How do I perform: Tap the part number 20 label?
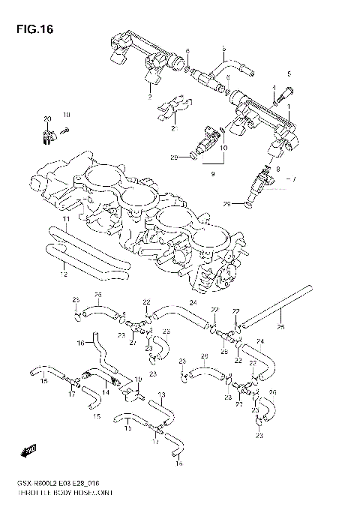point(46,118)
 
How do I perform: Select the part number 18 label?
point(66,115)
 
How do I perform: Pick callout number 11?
point(66,219)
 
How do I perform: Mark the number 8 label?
point(277,169)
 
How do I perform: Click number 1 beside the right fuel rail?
point(291,107)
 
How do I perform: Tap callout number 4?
point(274,88)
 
